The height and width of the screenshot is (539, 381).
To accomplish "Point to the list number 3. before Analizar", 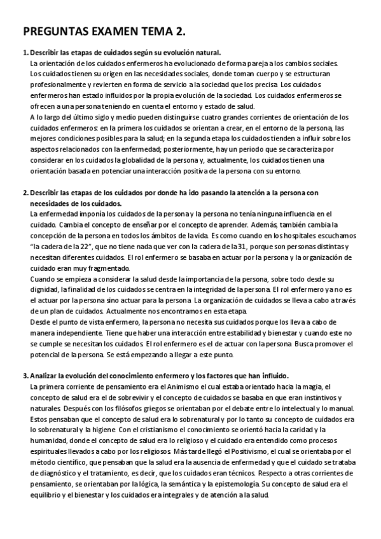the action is click(24, 375).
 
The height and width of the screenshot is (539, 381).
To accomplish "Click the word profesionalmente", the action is click(59, 85).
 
